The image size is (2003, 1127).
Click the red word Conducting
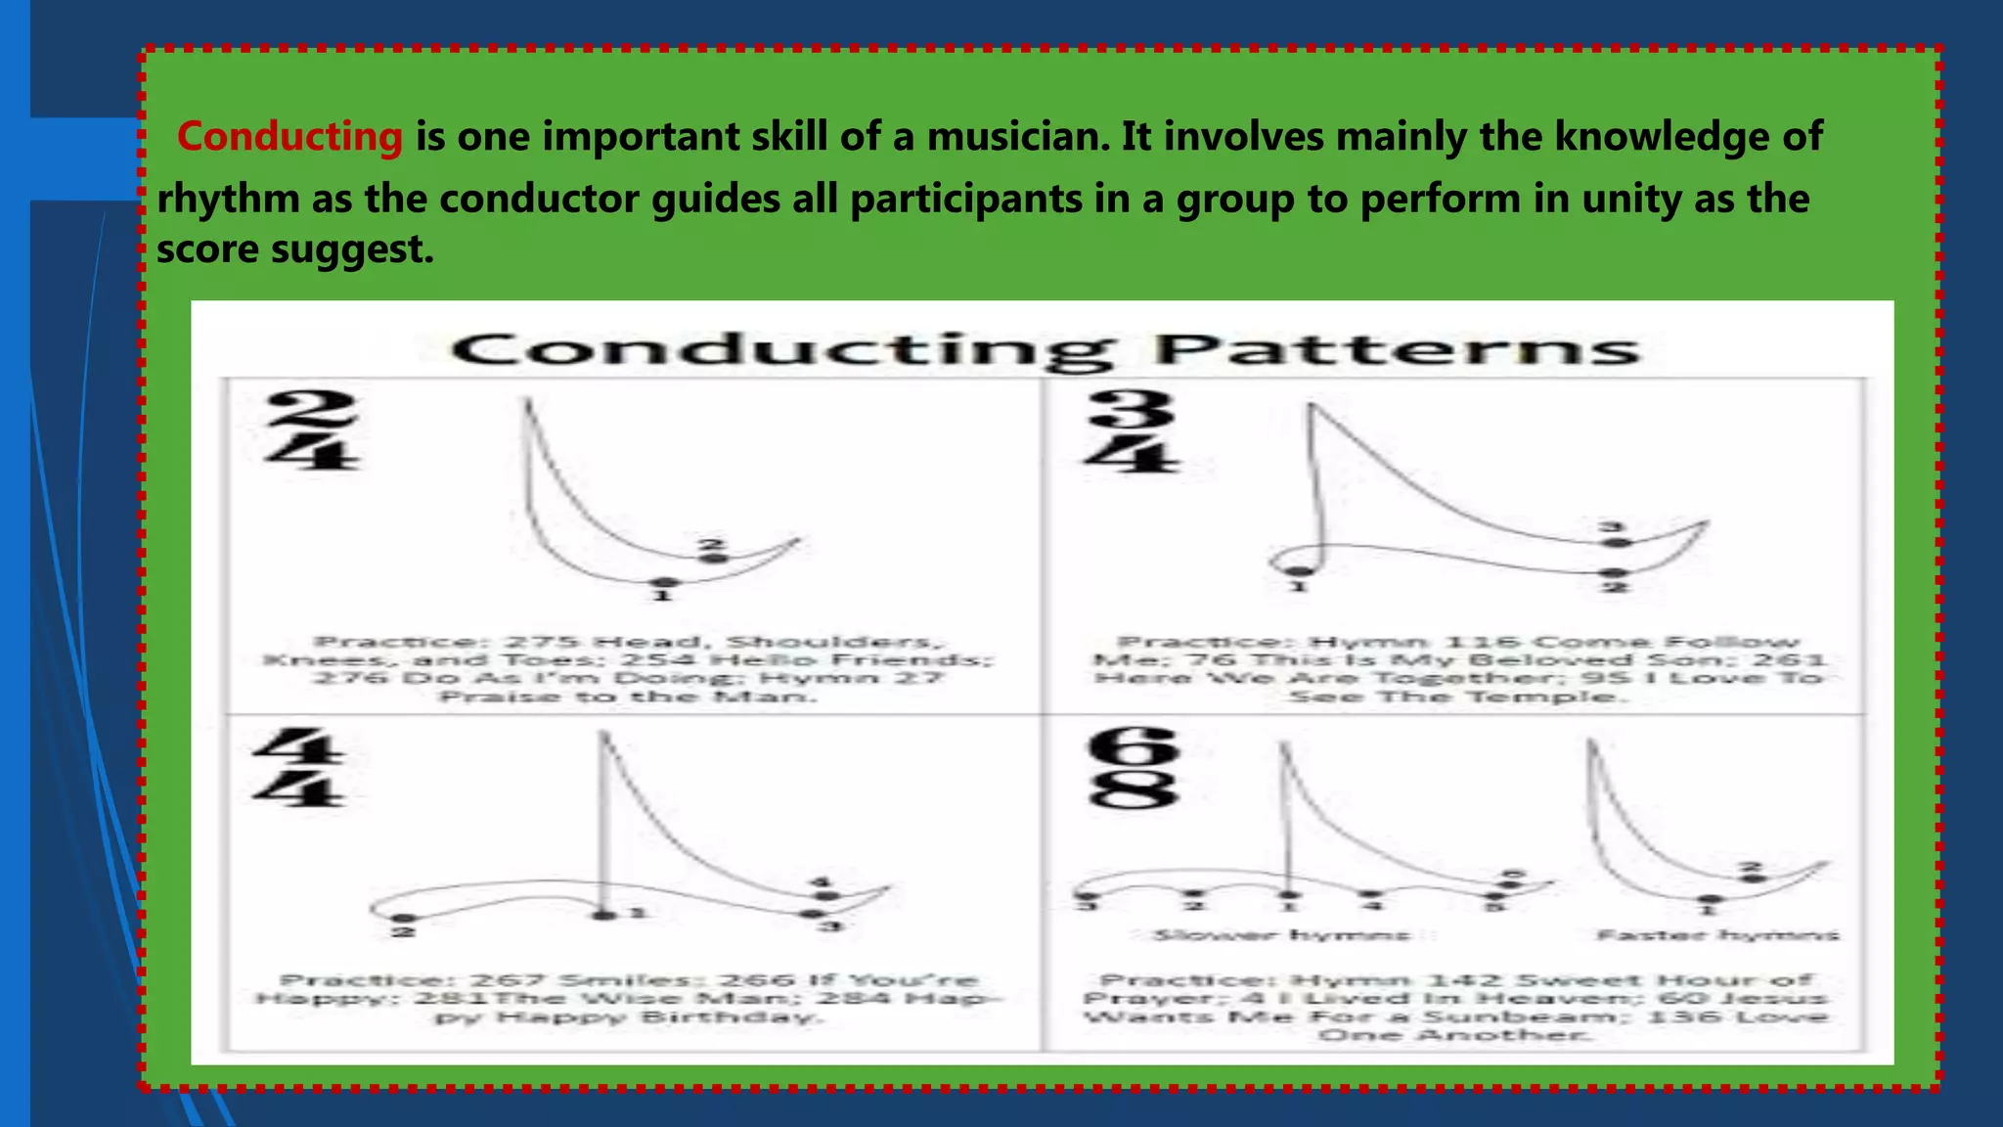coord(289,136)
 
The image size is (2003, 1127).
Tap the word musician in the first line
coord(1017,136)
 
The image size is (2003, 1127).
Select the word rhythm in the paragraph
coord(228,199)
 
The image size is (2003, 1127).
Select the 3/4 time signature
coord(1132,430)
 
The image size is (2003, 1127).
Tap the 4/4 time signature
coord(297,768)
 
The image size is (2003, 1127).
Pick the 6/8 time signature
coord(1133,769)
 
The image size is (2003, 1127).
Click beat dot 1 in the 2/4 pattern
coord(664,583)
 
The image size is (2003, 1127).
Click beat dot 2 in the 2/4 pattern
coord(716,558)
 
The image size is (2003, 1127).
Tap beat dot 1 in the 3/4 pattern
coord(1298,571)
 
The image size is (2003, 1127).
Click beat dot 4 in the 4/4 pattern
coord(827,895)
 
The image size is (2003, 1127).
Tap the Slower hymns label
coord(1281,935)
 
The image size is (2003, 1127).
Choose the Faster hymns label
coord(1717,935)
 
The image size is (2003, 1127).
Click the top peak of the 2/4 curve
coord(527,401)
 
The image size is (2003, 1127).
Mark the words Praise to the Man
coord(626,697)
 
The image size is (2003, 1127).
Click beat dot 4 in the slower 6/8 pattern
coord(1372,894)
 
